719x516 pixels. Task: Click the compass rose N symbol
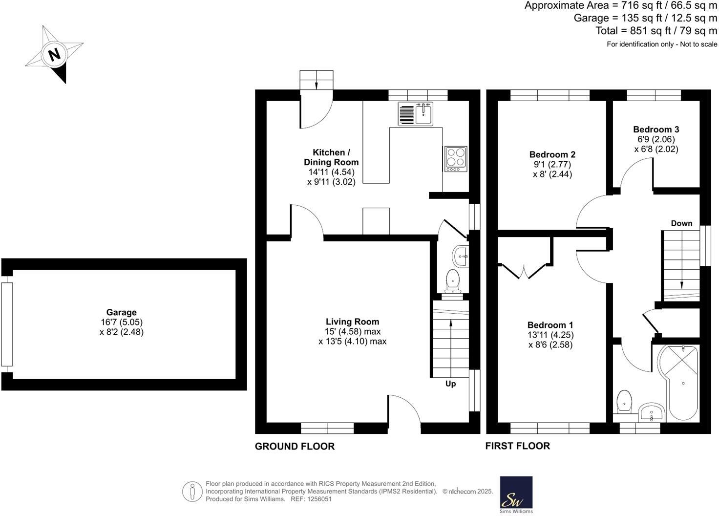click(x=54, y=54)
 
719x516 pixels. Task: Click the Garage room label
click(x=121, y=312)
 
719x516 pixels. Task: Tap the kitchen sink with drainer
click(x=415, y=114)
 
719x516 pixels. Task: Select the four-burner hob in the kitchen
click(x=455, y=159)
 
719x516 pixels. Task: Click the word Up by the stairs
click(x=450, y=384)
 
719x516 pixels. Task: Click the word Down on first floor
click(x=681, y=223)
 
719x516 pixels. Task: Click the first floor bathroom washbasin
click(x=651, y=413)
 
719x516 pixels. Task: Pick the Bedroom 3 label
click(x=656, y=129)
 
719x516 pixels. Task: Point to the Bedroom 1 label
click(x=550, y=325)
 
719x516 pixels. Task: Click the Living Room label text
click(x=352, y=322)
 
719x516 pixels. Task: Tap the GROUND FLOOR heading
click(x=295, y=446)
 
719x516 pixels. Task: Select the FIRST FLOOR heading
click(x=517, y=446)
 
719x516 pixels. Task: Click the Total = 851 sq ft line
click(x=656, y=31)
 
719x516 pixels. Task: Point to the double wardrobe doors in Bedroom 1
click(x=524, y=272)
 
